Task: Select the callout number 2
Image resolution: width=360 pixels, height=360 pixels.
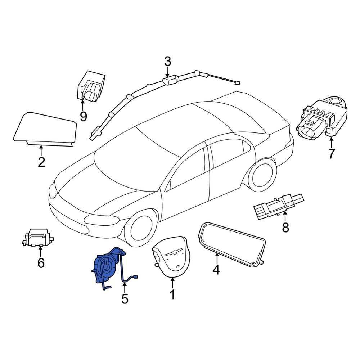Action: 41,162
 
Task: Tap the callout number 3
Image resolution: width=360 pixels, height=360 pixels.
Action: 167,62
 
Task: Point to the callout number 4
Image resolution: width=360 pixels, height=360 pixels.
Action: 216,269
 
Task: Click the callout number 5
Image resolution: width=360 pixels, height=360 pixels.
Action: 125,298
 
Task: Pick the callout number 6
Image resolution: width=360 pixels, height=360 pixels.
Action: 41,263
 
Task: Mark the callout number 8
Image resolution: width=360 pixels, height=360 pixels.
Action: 285,228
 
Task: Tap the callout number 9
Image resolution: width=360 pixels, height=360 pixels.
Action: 83,116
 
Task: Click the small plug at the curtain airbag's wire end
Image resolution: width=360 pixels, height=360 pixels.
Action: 237,83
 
